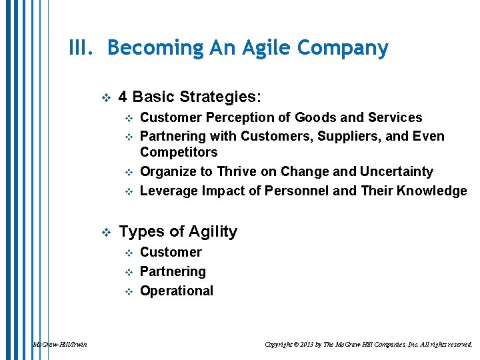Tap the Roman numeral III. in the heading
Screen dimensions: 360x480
click(84, 49)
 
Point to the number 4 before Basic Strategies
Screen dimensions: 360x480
click(123, 97)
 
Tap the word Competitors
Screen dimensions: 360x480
click(179, 153)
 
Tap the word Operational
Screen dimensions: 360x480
click(177, 291)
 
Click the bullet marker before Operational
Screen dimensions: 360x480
click(129, 291)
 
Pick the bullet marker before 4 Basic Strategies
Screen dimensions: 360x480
click(105, 98)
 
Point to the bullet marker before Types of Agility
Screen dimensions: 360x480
click(105, 233)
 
